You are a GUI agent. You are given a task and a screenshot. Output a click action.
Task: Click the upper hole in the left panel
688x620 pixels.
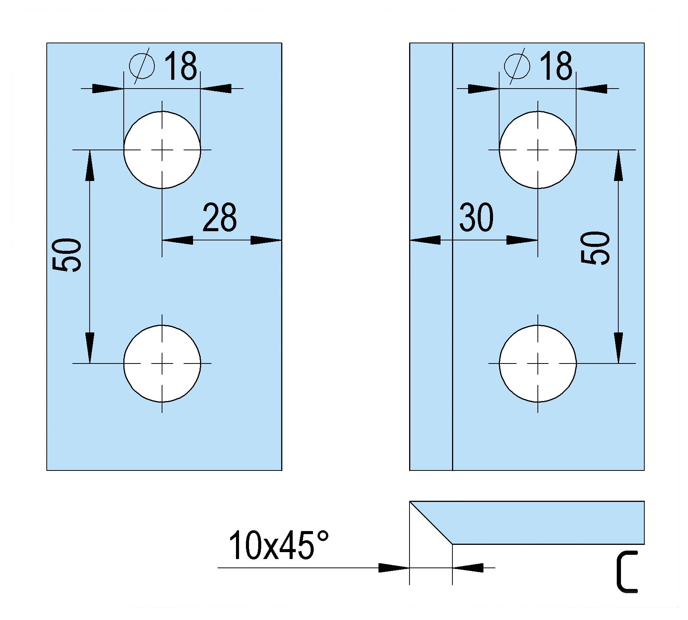[x=162, y=150]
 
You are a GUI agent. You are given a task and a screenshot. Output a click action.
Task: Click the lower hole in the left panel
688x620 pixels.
[x=162, y=363]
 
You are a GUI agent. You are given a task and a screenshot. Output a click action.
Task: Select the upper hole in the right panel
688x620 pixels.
[x=538, y=150]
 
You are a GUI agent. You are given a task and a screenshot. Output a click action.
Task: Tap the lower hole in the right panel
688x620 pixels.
[x=538, y=363]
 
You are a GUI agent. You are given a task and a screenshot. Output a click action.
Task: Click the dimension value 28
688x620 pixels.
[x=220, y=218]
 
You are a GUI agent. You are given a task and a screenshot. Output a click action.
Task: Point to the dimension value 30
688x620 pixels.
[x=476, y=218]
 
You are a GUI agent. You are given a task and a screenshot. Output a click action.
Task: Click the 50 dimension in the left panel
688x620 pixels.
[x=67, y=255]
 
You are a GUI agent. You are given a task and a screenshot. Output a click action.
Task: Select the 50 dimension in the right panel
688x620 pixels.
[x=595, y=248]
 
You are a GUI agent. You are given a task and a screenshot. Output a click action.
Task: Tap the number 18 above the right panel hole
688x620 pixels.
[x=556, y=66]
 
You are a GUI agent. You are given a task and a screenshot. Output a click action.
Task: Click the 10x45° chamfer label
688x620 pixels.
[x=278, y=545]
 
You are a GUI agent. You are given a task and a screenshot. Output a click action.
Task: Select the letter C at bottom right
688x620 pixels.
[x=627, y=572]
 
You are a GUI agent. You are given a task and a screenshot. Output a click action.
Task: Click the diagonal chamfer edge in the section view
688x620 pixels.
[x=431, y=523]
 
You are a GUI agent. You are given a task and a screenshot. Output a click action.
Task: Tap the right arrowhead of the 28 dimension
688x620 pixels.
[x=266, y=240]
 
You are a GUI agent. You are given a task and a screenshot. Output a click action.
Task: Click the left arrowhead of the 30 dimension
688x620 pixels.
[x=425, y=240]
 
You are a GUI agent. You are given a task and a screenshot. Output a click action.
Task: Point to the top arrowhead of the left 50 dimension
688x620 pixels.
[x=90, y=166]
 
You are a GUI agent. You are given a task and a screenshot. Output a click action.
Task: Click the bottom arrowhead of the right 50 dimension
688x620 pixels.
[x=618, y=348]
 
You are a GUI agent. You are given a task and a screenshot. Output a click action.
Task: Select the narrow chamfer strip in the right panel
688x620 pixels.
[x=431, y=257]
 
